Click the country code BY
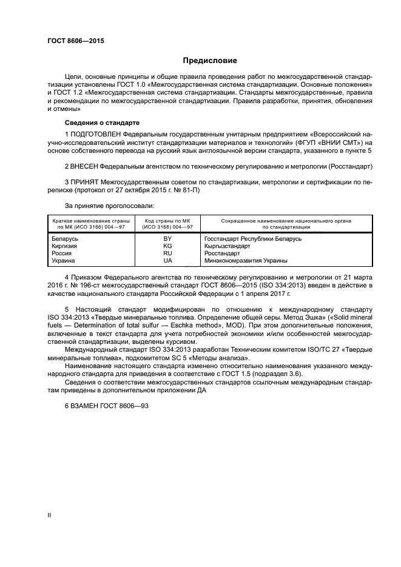pyautogui.click(x=167, y=239)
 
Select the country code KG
pyautogui.click(x=167, y=246)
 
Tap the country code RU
pyautogui.click(x=167, y=253)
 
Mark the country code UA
pyautogui.click(x=167, y=261)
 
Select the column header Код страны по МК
pyautogui.click(x=167, y=221)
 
